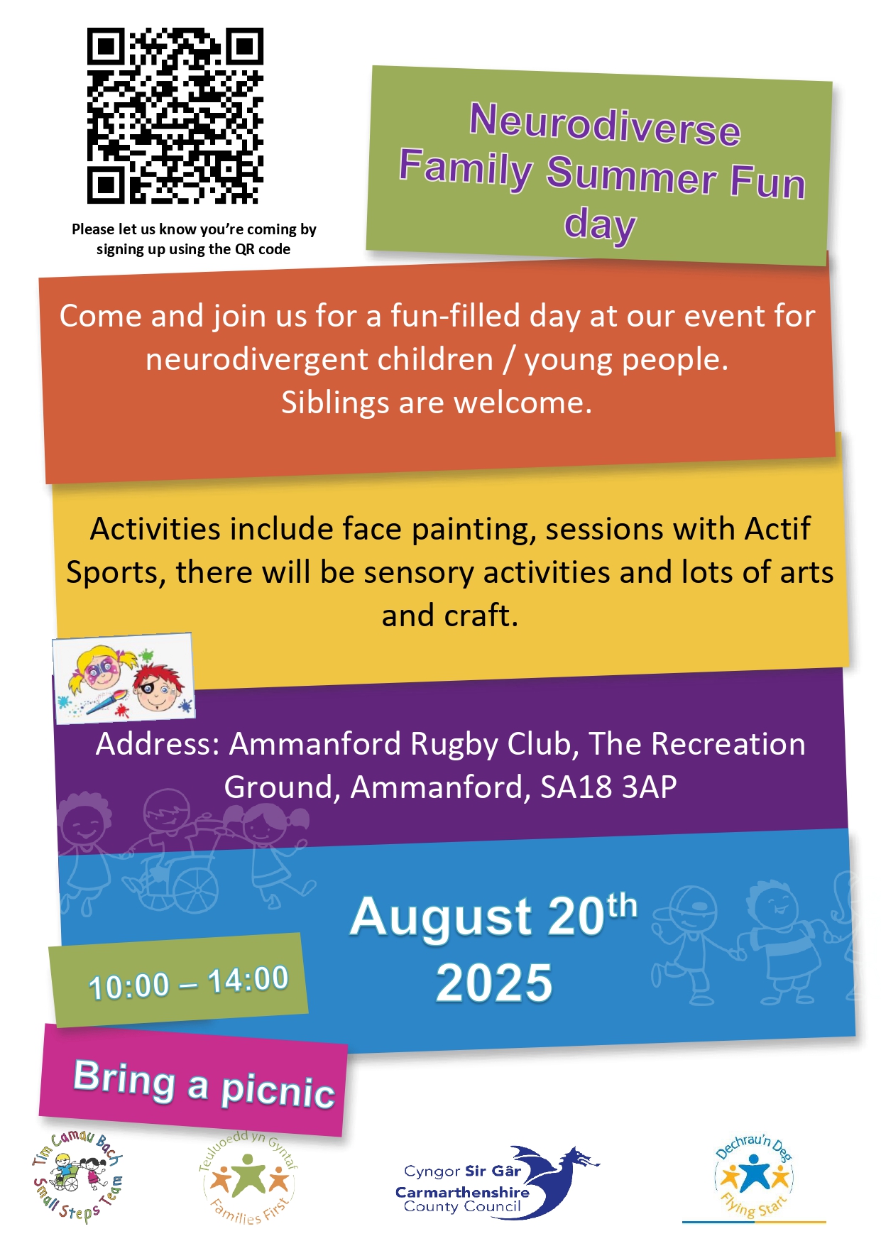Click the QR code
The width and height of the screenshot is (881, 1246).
click(175, 116)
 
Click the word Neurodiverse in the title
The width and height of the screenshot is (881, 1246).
click(605, 124)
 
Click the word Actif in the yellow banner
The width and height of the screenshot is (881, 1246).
click(777, 529)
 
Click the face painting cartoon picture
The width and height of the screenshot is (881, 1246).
click(124, 677)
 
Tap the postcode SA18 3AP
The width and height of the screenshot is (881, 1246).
click(608, 787)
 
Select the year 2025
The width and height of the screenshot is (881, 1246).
click(494, 983)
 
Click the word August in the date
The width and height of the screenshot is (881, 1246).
click(441, 917)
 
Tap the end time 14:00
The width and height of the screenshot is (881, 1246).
click(248, 980)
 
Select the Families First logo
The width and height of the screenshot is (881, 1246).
click(248, 1179)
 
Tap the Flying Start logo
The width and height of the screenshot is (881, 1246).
click(754, 1179)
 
